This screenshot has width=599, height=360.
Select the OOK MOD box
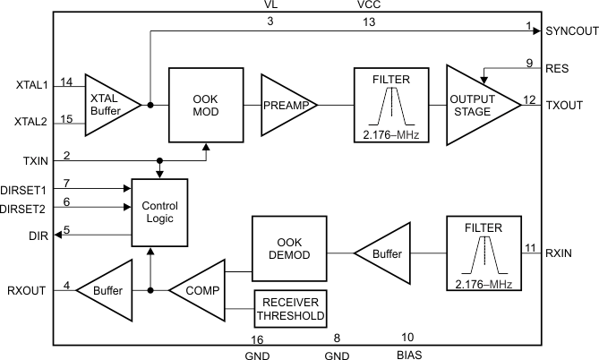coord(205,104)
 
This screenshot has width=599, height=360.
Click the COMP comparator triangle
coord(200,290)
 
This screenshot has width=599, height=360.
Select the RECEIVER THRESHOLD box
coord(291,308)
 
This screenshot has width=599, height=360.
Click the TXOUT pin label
coord(564,105)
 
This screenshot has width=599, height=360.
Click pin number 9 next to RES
coord(529,63)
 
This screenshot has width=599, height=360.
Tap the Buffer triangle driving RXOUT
coord(105,290)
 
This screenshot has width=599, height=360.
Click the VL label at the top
coord(270,5)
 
